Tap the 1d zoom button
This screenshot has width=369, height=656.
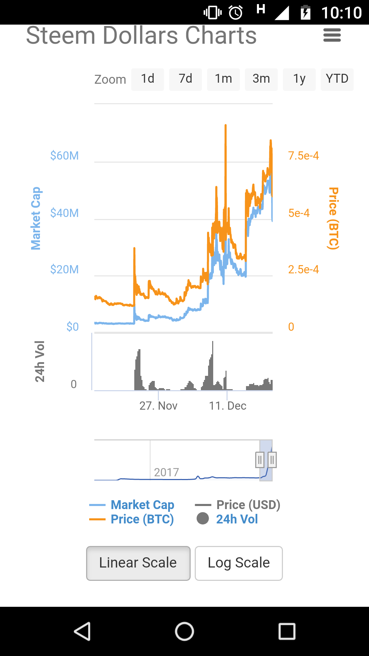(148, 79)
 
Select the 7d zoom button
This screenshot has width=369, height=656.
(186, 79)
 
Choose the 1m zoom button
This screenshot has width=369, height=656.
(223, 79)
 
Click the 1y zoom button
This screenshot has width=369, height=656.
(299, 79)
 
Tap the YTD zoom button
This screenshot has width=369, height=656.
(337, 79)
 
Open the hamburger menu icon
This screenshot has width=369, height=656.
(332, 35)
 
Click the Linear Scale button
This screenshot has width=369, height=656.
(138, 563)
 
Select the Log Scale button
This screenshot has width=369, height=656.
(239, 563)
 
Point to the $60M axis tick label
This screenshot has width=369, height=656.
(65, 156)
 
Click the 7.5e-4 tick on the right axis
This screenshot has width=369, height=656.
(303, 156)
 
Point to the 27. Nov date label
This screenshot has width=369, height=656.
(159, 406)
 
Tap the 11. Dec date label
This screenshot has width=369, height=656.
(228, 406)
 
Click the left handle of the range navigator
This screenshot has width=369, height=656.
(260, 460)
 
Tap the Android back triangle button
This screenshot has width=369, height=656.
(82, 631)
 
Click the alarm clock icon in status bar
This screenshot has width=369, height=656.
(236, 13)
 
